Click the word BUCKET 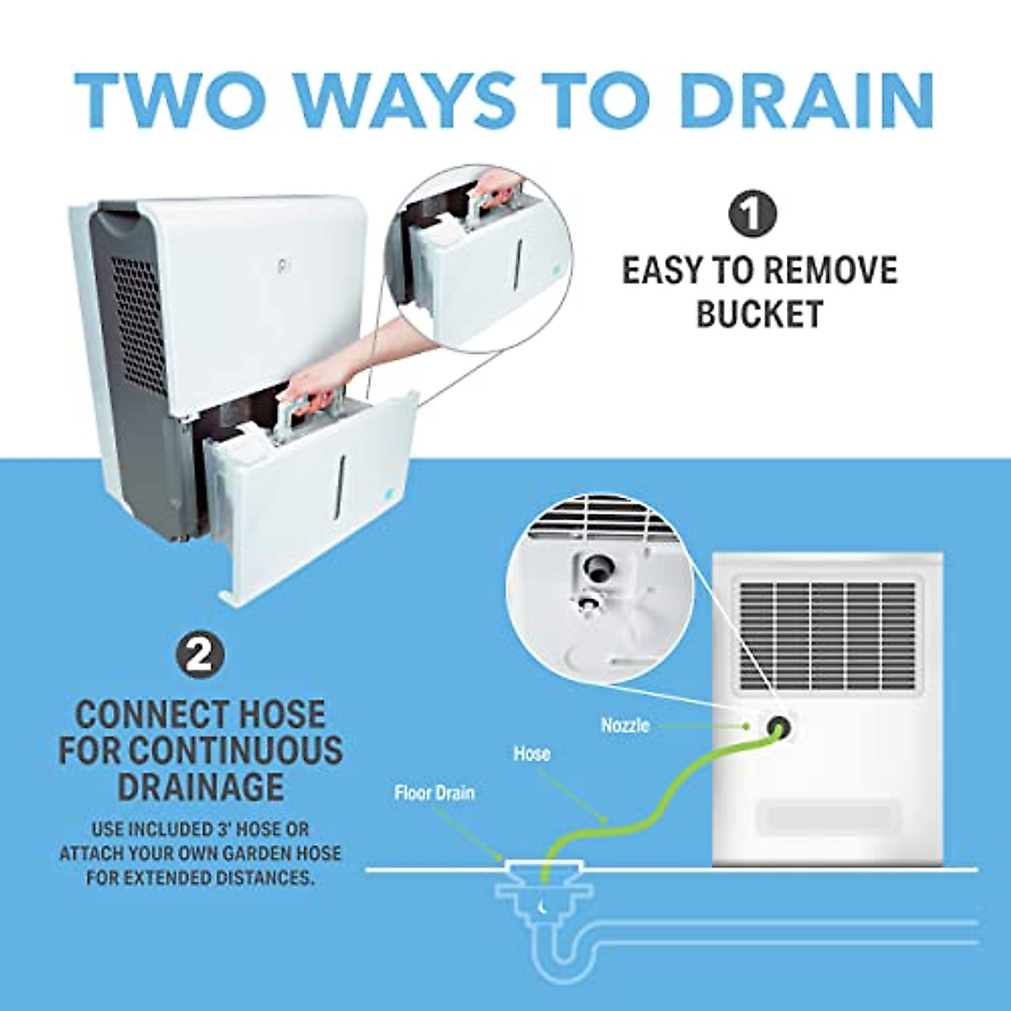[x=758, y=314]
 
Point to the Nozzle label [x=625, y=725]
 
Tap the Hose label [x=532, y=753]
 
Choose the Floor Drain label [x=434, y=793]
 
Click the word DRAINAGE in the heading [x=201, y=786]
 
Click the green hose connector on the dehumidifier [x=776, y=727]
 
